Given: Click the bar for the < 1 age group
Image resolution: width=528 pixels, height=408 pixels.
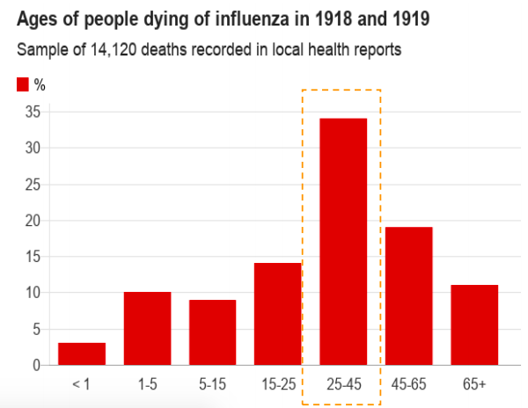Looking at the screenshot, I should [82, 353].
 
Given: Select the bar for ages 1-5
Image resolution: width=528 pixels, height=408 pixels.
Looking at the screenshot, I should [147, 328].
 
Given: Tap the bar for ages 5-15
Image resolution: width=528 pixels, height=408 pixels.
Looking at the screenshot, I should [212, 331].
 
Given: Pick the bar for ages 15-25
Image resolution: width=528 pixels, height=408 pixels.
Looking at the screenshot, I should [277, 313].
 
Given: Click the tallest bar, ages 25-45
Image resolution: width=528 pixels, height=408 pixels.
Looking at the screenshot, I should [342, 241].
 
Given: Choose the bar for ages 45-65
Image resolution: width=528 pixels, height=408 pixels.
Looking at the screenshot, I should [408, 295].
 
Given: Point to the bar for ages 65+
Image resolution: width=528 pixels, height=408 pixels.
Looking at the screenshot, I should [473, 324].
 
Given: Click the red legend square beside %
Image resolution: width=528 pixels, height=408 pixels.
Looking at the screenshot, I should [23, 84].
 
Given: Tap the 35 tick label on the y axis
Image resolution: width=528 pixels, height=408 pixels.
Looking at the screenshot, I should [33, 112].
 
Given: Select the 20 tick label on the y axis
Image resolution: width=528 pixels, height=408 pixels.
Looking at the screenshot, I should [33, 221].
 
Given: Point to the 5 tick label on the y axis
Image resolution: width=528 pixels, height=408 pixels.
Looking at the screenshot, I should [36, 329].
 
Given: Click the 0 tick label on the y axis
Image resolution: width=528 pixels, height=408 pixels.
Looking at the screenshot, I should [36, 365].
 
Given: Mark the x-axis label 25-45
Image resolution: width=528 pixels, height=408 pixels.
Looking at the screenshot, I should [342, 384].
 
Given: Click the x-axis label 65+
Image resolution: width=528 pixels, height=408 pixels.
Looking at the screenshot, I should [473, 384].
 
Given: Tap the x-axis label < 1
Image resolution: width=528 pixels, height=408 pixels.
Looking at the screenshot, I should [82, 384].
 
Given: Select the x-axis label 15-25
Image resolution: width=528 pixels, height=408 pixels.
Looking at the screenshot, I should [277, 384].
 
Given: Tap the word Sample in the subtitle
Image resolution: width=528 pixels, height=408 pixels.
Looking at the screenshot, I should [42, 50].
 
